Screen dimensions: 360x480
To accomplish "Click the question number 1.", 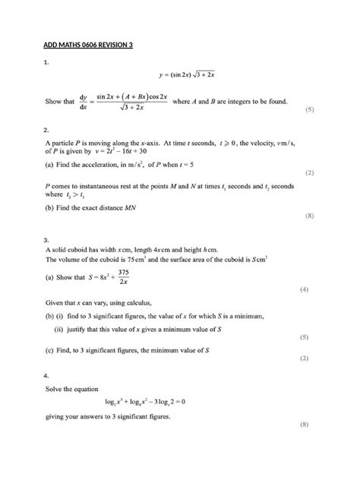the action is [x=46, y=63].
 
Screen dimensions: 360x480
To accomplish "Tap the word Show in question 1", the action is [x=54, y=101].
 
